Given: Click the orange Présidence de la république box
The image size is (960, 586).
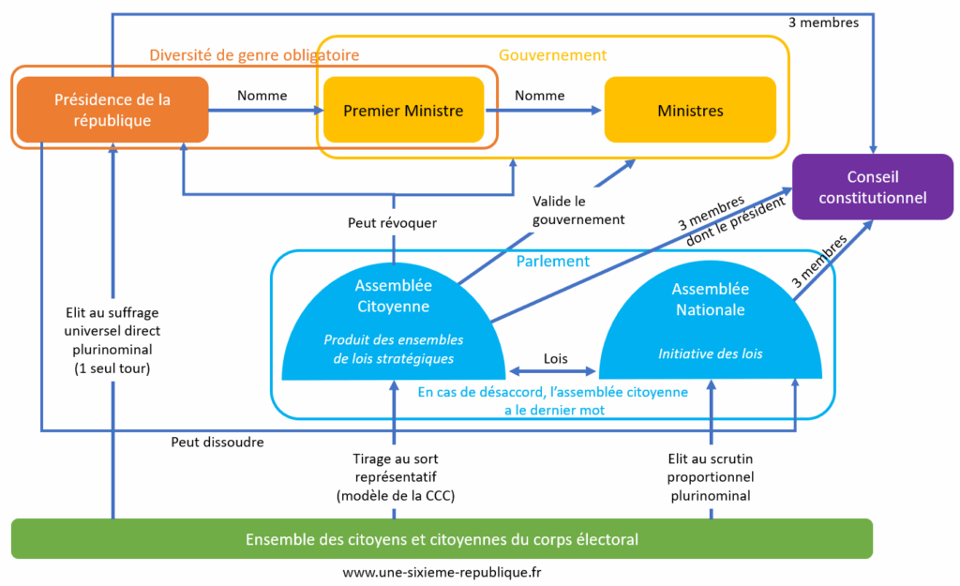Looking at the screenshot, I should tap(112, 110).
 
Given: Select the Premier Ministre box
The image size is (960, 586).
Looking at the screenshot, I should tap(403, 111).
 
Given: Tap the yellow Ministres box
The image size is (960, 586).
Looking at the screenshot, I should tap(690, 111).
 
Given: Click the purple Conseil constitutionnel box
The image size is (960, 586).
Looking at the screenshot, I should tap(872, 187).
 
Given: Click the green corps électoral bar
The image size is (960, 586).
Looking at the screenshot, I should tap(442, 539).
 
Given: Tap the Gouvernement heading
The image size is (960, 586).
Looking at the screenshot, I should tap(552, 55).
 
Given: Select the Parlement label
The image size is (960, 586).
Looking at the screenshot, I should tap(553, 262).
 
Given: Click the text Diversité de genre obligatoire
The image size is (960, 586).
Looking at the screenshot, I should tap(254, 55).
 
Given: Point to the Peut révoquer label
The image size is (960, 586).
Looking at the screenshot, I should tap(392, 223).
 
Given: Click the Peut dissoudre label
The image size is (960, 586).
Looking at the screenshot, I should tap(217, 441).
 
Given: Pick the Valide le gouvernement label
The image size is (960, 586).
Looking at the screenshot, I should tap(577, 210).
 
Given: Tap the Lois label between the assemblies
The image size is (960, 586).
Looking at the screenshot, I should tap(555, 358).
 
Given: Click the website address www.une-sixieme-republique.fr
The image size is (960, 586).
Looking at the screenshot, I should tap(441, 571).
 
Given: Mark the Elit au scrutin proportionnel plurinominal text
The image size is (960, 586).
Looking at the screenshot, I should tap(709, 476).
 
